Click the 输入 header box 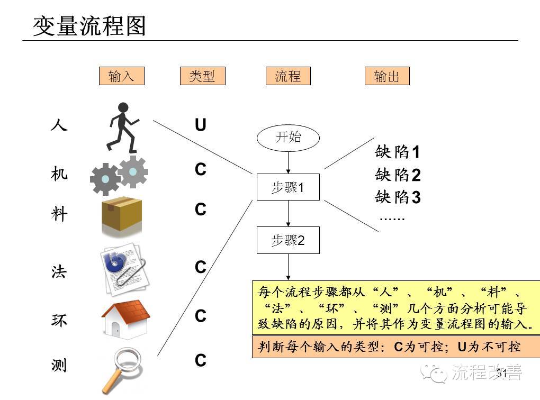tap(121, 76)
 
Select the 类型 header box tap(202, 76)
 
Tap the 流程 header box tap(287, 76)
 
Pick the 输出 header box tap(386, 76)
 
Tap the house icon tap(125, 319)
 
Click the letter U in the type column tap(200, 125)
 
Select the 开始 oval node tap(288, 138)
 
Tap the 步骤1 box tap(288, 187)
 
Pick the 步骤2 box tap(288, 240)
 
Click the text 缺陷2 tap(398, 175)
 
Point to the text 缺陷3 tap(398, 197)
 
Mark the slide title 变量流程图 tap(89, 25)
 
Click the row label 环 tap(59, 320)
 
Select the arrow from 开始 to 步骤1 tap(288, 161)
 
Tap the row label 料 tap(59, 214)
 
